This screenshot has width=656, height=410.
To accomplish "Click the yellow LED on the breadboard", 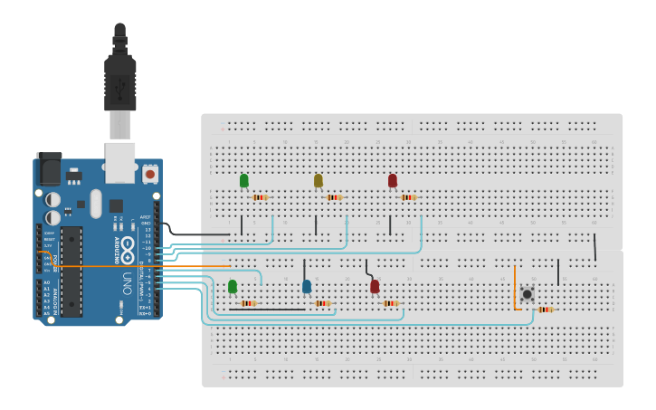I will point(318,180).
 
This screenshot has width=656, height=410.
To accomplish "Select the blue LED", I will point(307,286).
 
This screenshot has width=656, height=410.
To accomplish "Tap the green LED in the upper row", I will point(243,180).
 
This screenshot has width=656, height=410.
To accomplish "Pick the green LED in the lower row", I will point(233,286).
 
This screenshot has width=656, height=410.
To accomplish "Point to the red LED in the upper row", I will point(392,180).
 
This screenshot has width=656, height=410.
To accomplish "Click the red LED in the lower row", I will point(375,286).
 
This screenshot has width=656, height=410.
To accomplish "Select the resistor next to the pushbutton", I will point(545,310).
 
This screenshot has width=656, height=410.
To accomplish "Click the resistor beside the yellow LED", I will point(334,197).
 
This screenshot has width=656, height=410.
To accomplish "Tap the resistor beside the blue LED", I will point(322,303).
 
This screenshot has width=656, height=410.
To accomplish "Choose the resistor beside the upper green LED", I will point(260,197).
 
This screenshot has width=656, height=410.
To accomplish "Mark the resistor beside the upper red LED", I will point(408,197).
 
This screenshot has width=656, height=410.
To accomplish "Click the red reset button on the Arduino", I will point(149,172).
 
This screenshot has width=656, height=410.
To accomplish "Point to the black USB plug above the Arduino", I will point(119,77).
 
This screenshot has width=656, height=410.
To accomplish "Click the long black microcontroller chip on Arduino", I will point(71,272).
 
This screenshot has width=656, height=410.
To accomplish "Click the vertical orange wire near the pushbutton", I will point(515,288).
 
